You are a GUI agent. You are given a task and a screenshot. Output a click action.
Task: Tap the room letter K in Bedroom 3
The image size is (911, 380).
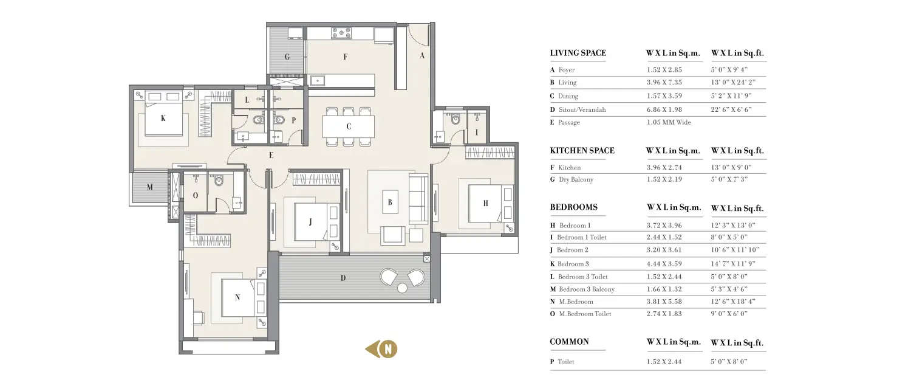[x=163, y=119]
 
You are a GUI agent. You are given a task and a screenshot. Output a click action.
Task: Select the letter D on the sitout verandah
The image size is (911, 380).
[x=343, y=278]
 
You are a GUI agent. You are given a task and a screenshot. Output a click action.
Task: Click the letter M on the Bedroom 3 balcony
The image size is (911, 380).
[x=149, y=187]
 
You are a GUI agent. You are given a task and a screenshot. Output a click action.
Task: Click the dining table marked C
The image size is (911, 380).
[x=349, y=127]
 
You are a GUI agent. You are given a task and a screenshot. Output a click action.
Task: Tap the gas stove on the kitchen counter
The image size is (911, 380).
[x=341, y=33]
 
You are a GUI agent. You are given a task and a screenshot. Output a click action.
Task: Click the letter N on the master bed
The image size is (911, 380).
[x=237, y=298]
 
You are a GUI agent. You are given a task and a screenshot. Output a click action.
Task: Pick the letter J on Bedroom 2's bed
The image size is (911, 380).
[x=310, y=222]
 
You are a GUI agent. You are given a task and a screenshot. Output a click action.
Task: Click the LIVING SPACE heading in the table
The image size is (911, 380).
[x=578, y=53]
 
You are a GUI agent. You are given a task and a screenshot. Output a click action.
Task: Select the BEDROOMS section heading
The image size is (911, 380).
[x=573, y=207]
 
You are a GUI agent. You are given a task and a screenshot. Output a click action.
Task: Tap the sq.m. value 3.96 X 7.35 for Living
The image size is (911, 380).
[x=666, y=83]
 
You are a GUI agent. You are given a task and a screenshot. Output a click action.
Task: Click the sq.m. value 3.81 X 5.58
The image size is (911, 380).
[x=666, y=302]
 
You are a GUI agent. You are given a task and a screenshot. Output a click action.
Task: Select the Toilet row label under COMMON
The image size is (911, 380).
[x=565, y=362]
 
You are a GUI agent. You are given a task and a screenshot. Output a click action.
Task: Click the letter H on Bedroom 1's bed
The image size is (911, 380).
[x=485, y=204]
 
